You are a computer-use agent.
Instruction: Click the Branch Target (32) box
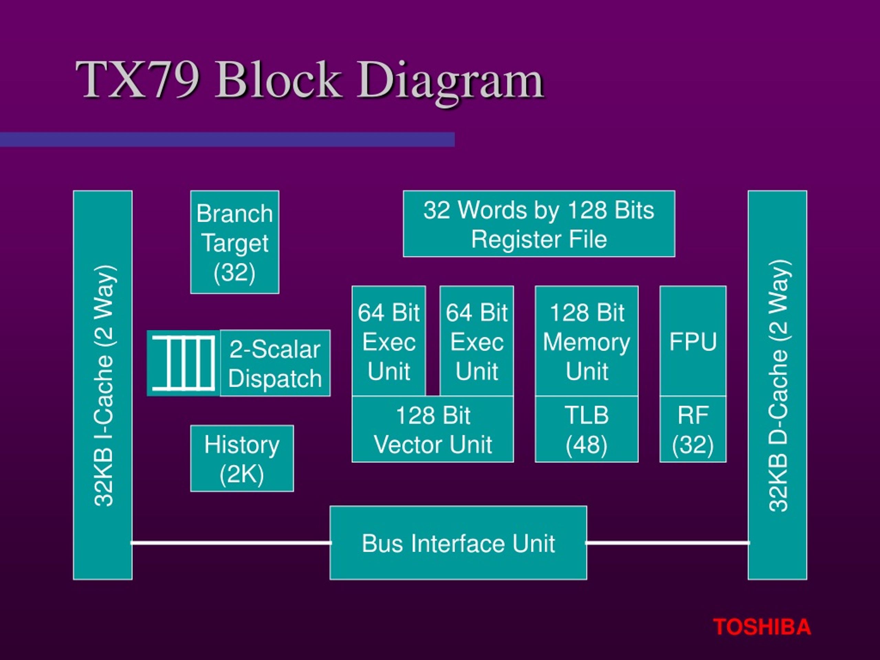tap(235, 242)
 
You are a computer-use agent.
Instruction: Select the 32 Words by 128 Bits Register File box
tap(539, 223)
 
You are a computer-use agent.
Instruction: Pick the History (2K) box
tap(242, 458)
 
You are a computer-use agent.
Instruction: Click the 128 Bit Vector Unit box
tap(433, 429)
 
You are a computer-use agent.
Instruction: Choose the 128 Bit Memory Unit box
tap(587, 341)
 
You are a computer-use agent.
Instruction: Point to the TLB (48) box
tap(587, 429)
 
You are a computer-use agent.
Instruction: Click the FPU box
tap(693, 341)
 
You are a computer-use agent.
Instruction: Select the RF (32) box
tap(693, 429)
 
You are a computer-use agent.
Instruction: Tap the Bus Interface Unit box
tap(458, 543)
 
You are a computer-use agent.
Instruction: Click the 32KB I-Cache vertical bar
tap(103, 385)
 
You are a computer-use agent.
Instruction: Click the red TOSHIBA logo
tap(762, 627)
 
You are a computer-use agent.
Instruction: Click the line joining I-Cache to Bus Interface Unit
tap(231, 543)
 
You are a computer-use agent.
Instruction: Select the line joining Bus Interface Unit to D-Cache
tap(668, 543)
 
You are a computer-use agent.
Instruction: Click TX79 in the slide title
tap(137, 79)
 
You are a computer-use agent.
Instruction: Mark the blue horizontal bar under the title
tap(227, 140)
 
